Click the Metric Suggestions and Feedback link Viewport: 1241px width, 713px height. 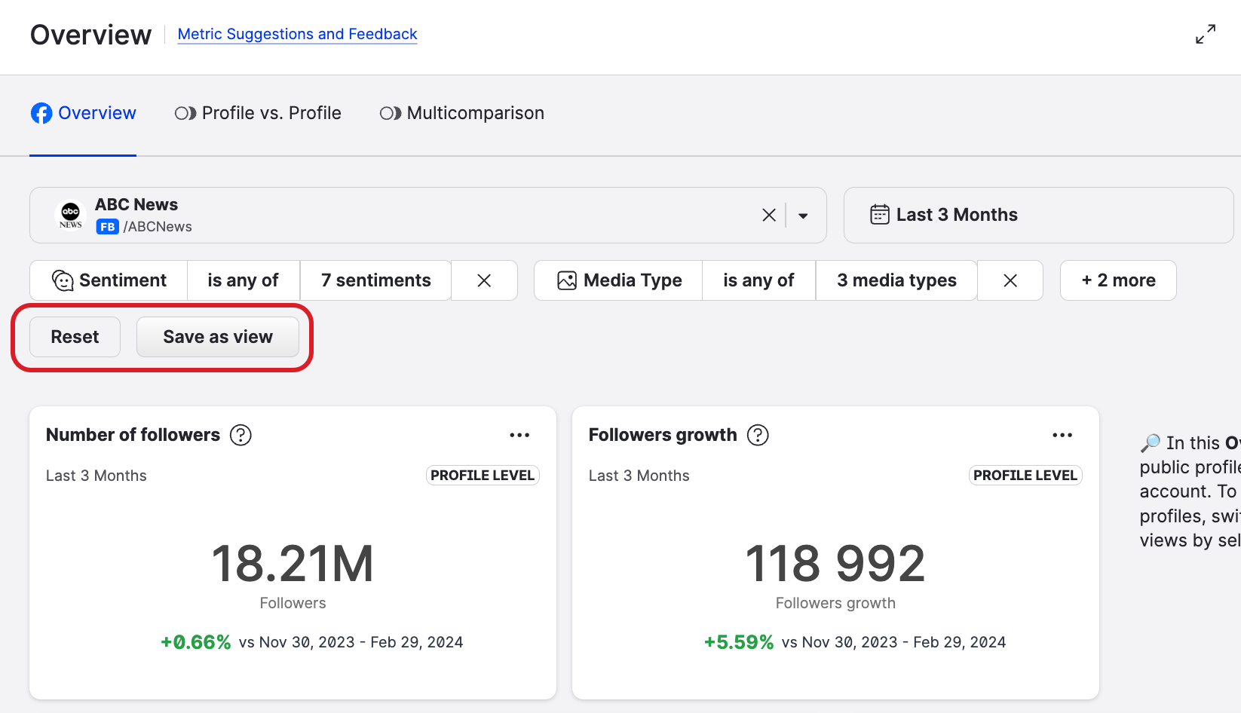point(297,34)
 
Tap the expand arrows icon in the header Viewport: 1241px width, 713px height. point(1206,34)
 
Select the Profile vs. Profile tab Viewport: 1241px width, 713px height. point(258,113)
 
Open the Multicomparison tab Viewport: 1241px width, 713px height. point(461,113)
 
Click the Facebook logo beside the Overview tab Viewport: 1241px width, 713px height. point(41,113)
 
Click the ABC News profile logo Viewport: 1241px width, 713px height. point(71,215)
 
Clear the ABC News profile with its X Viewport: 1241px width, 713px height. point(769,216)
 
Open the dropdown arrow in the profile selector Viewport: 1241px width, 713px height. point(803,216)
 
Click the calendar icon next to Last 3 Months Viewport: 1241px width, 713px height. point(879,215)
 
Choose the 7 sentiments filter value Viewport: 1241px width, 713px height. point(375,280)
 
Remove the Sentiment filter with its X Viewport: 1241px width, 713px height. point(484,280)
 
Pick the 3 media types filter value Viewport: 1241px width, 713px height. point(896,280)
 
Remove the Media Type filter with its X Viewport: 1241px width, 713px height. point(1010,280)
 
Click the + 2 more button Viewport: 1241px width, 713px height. point(1118,280)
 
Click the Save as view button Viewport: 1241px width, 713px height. point(218,337)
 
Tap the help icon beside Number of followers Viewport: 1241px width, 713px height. point(241,435)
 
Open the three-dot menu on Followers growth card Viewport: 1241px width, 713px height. point(1062,435)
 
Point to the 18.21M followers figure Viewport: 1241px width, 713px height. point(293,564)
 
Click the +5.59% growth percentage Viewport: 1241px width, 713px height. point(739,642)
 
